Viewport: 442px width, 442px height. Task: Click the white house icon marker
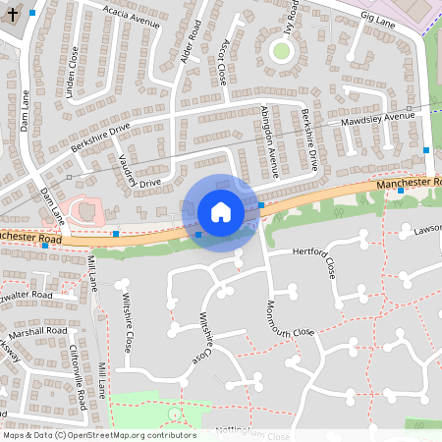220,212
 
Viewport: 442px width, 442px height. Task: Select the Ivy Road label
288,18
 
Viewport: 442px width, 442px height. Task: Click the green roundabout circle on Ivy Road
282,51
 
